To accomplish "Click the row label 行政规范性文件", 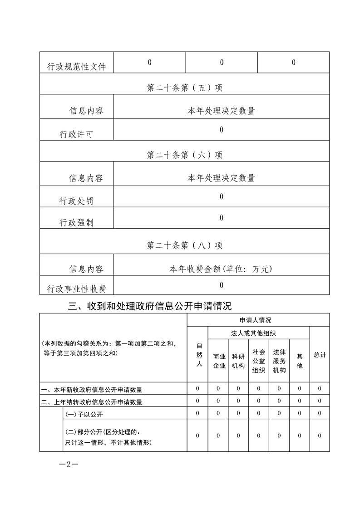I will [76, 67].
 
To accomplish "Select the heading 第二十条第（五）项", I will [185, 88].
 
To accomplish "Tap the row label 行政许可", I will [76, 134].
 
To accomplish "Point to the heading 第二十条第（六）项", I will [185, 155].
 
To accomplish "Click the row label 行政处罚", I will [76, 201].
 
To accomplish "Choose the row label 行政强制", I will [76, 222].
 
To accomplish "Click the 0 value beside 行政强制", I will [222, 218].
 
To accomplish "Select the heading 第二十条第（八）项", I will [185, 245].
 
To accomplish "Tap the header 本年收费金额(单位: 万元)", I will [221, 269].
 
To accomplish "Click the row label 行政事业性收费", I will [76, 289].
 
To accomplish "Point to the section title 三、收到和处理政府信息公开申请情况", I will [150, 306].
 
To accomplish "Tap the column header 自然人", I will [197, 354].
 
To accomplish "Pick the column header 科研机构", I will [238, 361].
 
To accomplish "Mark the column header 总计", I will [320, 354].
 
